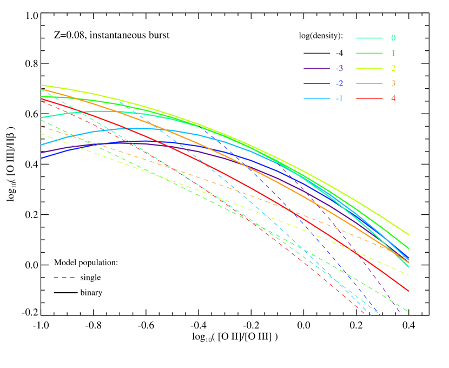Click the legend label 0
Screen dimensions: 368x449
tap(393, 38)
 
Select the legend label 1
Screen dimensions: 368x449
tap(393, 53)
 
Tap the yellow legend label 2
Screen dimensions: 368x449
tap(393, 68)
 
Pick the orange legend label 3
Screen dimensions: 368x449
tap(393, 83)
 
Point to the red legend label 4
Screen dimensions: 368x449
tap(393, 98)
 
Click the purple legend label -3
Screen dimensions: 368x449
tap(339, 68)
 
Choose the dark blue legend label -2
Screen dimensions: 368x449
tap(339, 83)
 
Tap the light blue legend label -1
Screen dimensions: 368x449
tap(339, 98)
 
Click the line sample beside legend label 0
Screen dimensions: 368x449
tap(369, 38)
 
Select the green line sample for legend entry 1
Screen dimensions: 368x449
tap(369, 53)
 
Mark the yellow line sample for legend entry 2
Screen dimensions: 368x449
tap(369, 68)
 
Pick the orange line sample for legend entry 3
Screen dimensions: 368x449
tap(369, 83)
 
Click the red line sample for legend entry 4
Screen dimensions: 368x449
tap(369, 98)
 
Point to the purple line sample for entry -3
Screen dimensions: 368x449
tap(317, 68)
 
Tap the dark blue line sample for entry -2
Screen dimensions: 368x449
tap(317, 83)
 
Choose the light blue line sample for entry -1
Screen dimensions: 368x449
tap(317, 98)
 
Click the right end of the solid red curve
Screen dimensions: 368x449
tap(408, 291)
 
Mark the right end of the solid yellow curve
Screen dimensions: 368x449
tap(408, 234)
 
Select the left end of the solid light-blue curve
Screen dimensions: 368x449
tap(42, 144)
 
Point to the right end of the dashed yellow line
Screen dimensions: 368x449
tap(408, 275)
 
